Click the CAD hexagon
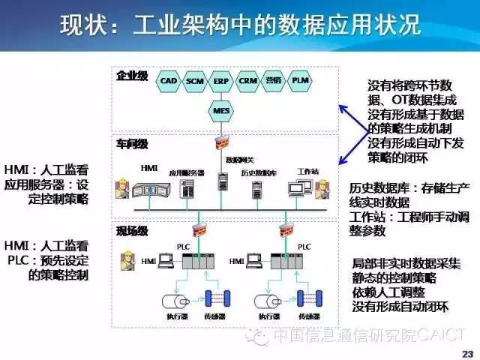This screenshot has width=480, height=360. [x=169, y=79]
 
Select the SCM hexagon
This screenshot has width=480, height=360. [x=195, y=79]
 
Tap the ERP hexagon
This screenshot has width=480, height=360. [x=221, y=79]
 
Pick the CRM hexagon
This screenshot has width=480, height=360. [x=247, y=79]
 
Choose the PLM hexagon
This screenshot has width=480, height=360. [x=300, y=79]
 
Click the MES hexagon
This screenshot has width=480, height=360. [x=221, y=110]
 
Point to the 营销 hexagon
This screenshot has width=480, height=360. [x=274, y=79]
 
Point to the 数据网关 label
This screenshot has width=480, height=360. [x=240, y=160]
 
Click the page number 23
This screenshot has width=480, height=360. [x=467, y=353]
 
